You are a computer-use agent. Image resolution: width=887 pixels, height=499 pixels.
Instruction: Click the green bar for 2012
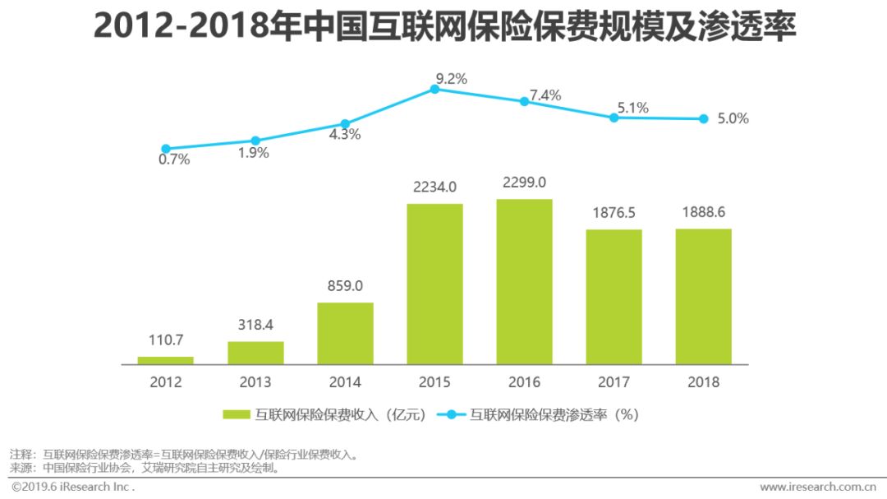pos(165,360)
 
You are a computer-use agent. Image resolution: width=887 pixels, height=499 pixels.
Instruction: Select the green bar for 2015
pos(434,284)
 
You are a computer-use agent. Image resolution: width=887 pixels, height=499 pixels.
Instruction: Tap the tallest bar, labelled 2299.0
pos(524,281)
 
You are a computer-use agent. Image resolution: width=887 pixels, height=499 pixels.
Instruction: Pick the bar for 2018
pos(703,296)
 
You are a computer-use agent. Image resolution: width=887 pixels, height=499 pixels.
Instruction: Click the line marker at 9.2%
pos(434,89)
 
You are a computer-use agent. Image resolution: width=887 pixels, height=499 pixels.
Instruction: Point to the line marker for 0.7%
pos(166,148)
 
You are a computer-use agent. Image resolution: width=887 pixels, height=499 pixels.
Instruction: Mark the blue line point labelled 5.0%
pos(703,118)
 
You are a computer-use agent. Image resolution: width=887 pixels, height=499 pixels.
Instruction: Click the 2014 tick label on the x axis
pos(345,382)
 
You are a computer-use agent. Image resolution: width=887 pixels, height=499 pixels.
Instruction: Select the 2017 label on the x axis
pos(614,382)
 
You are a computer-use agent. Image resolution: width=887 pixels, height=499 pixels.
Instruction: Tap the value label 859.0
pos(345,286)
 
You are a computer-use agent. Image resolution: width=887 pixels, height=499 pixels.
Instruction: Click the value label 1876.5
pos(614,213)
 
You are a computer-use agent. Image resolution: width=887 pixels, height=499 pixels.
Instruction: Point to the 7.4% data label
pos(545,95)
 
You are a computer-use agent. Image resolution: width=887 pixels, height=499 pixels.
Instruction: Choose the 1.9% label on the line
pos(254,153)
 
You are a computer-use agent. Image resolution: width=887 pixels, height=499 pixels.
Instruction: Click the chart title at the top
pos(443,26)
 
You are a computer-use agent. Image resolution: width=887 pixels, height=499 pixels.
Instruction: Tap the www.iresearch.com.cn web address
pos(816,487)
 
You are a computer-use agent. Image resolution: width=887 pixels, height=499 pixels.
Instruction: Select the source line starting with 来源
pos(145,468)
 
